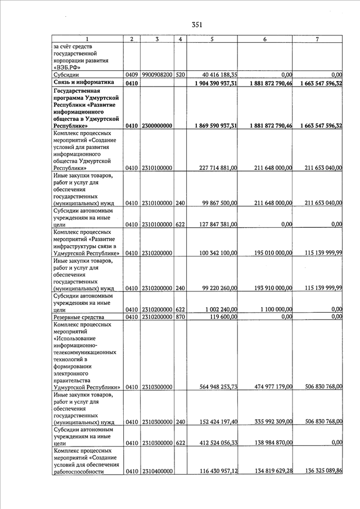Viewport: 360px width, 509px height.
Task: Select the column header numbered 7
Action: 318,39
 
